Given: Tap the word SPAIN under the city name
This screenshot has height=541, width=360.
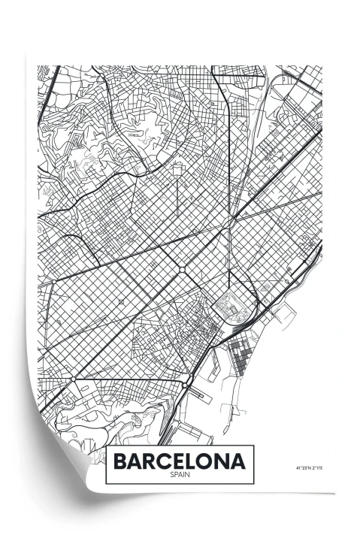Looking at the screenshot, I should [180, 473].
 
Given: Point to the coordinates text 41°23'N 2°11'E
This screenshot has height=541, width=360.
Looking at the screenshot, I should [307, 470].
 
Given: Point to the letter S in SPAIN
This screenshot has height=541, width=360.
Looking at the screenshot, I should [172, 473].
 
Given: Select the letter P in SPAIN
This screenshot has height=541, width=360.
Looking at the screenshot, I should [176, 473].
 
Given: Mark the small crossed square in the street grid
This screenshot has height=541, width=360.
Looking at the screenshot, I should [121, 301].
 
